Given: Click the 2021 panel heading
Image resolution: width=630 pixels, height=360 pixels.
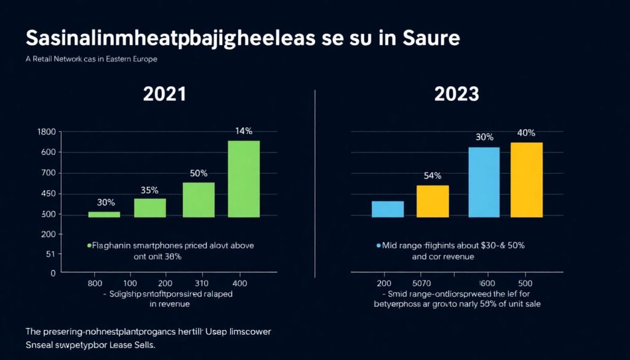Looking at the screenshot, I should point(164,94).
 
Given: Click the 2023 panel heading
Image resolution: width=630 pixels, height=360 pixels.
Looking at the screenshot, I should point(457,94).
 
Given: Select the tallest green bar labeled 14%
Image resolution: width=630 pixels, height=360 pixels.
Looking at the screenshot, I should point(244,178).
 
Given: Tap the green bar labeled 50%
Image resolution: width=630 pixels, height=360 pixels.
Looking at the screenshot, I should point(198,199).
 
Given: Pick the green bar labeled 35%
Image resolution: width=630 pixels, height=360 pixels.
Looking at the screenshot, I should point(150,207).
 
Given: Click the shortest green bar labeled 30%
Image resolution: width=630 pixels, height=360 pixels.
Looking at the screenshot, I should point(104,214).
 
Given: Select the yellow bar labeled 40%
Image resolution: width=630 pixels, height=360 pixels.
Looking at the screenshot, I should point(527,180).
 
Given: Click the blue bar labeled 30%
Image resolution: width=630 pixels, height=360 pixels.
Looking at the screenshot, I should point(484,182).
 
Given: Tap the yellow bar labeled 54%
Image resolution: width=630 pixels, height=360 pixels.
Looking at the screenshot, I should point(433,201).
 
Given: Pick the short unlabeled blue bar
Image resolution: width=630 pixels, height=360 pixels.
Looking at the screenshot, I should point(388,209).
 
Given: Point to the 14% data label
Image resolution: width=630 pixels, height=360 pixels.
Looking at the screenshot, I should point(244,131).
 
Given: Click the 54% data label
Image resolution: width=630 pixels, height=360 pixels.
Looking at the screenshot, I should point(433,175).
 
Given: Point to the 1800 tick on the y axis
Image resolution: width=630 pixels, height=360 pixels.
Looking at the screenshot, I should point(46,132).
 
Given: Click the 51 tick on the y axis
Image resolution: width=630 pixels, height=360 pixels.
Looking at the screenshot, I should point(50,254).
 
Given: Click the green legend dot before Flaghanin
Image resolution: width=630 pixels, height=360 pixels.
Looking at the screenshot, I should point(89,246).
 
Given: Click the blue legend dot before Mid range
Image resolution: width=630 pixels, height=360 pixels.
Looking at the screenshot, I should point(378,246).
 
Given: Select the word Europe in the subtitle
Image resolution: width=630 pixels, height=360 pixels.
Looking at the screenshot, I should point(143,59).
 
